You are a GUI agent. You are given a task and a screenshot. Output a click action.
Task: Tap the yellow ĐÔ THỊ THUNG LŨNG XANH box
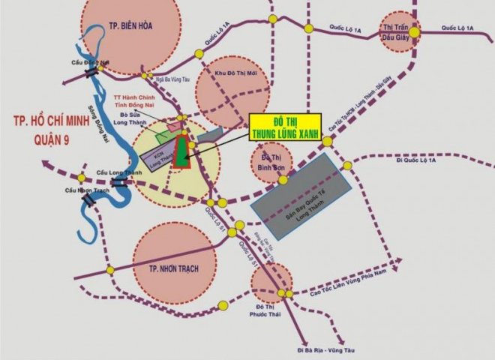click(x=284, y=127)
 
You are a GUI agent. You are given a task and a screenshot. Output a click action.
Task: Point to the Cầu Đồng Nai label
click(x=87, y=64)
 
